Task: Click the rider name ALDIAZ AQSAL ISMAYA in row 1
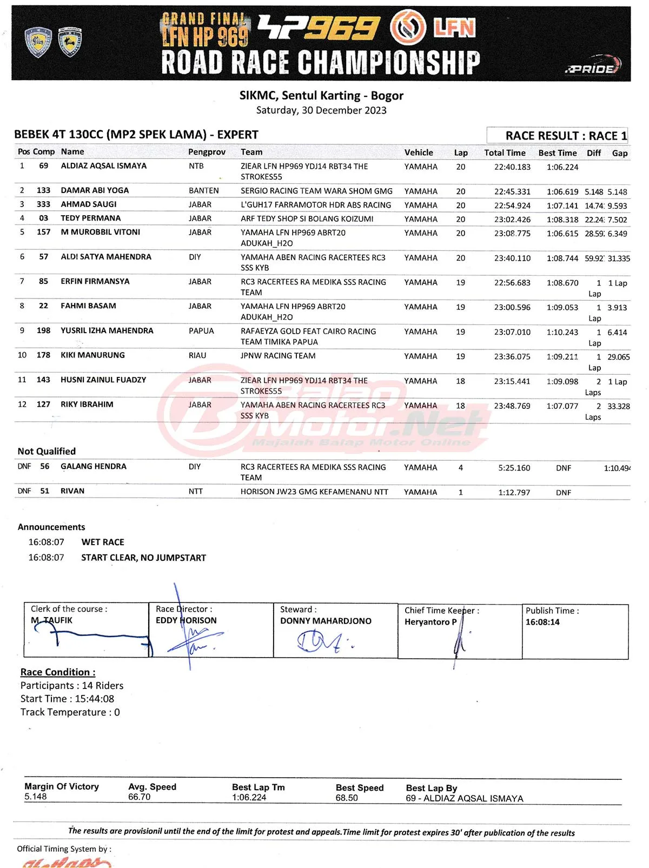(103, 166)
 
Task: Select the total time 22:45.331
(512, 191)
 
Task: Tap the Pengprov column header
(207, 152)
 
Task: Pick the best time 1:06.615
(562, 234)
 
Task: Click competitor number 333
(43, 204)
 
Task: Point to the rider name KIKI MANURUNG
(92, 355)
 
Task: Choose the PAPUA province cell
(201, 331)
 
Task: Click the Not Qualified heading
(47, 452)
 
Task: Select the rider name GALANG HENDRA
(94, 467)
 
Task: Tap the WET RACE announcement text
(103, 542)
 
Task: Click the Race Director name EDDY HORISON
(186, 621)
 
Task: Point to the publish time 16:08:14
(542, 622)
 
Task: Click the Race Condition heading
(58, 672)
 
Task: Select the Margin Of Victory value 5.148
(36, 797)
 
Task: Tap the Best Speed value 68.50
(347, 798)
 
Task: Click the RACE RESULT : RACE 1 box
(558, 136)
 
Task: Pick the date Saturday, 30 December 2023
(321, 110)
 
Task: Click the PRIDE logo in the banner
(593, 67)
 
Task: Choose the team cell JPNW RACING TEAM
(278, 356)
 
